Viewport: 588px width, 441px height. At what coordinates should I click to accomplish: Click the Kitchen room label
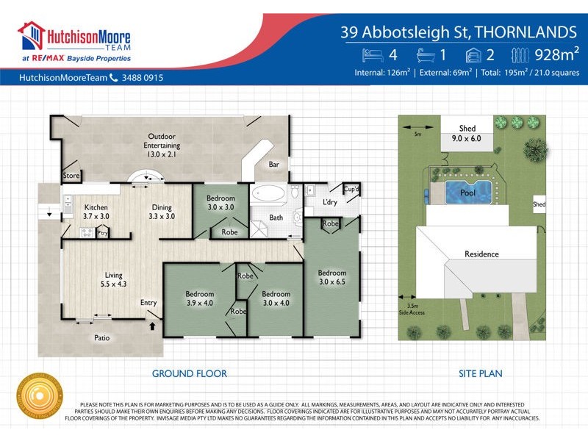click(x=96, y=212)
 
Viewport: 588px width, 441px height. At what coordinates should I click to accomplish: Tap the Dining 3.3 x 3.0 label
click(x=162, y=212)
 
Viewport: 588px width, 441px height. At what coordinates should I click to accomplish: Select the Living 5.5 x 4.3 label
click(x=113, y=279)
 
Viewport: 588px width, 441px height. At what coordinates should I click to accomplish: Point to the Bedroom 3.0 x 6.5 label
click(x=331, y=277)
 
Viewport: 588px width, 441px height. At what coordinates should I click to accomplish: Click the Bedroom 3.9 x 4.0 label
click(x=200, y=298)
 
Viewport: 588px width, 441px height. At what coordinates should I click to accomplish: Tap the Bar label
click(x=273, y=165)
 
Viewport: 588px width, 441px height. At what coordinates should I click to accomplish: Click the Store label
click(x=71, y=176)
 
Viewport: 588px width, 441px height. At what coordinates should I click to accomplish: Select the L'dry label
click(x=330, y=201)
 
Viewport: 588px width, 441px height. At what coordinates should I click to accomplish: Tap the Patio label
click(x=102, y=338)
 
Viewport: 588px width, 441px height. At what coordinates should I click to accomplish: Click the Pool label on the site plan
click(x=467, y=193)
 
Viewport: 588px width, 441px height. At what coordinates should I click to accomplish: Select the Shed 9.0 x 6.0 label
click(x=466, y=133)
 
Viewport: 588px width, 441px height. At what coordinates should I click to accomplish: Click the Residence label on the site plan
click(x=481, y=254)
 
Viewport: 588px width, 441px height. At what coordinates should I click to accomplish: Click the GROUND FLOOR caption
click(x=189, y=373)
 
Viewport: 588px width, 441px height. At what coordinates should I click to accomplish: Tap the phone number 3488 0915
click(x=143, y=77)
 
